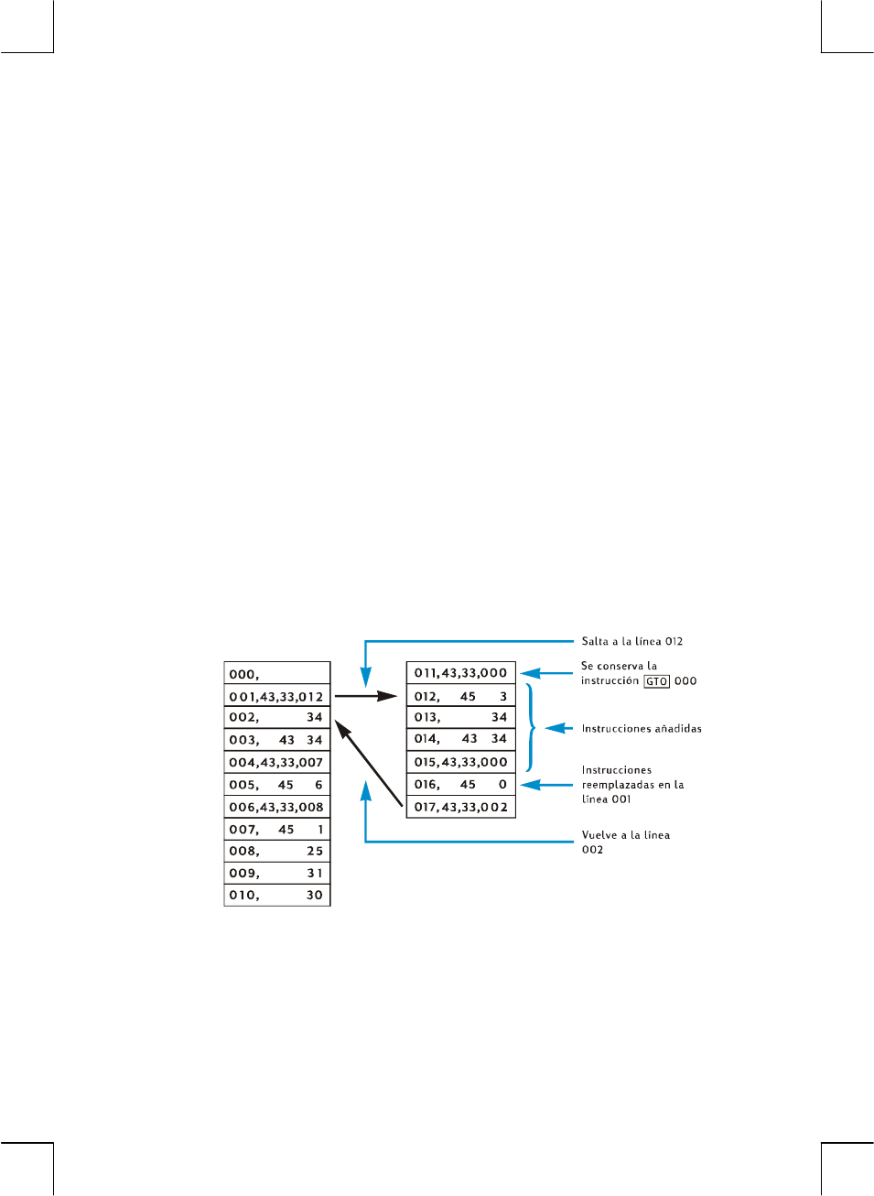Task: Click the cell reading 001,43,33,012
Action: (x=276, y=697)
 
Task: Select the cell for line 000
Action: (x=276, y=674)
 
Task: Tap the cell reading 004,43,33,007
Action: (x=276, y=763)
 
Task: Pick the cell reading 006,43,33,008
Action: (x=276, y=808)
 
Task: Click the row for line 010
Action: (x=276, y=896)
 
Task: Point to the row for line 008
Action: (x=276, y=852)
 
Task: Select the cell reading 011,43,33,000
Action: (x=460, y=673)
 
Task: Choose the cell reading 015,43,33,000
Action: (x=460, y=762)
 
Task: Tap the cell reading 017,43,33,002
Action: (x=460, y=807)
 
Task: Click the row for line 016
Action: (x=460, y=785)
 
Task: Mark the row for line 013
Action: (x=460, y=718)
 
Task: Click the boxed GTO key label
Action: (x=656, y=681)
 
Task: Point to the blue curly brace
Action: (x=531, y=728)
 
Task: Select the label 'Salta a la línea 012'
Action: (x=631, y=642)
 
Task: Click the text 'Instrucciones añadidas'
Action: (x=642, y=729)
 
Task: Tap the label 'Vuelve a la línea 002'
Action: (x=625, y=843)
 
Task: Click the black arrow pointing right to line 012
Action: (x=366, y=697)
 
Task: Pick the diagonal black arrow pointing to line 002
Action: (x=369, y=764)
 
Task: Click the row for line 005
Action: (x=276, y=785)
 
